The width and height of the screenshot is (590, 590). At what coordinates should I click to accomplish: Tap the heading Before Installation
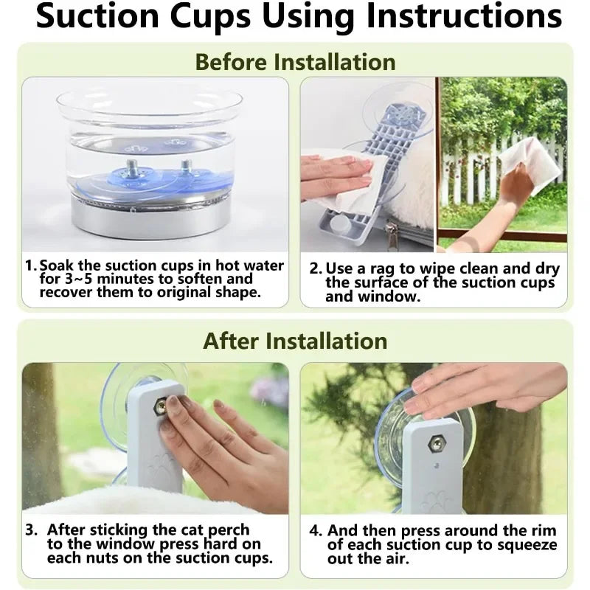click(296, 62)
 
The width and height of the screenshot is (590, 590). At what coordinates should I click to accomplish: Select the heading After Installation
click(295, 341)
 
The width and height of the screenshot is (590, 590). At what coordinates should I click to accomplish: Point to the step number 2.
click(316, 268)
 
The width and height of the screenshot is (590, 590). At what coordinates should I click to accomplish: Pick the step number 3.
click(31, 530)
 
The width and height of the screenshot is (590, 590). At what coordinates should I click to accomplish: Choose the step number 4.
click(316, 530)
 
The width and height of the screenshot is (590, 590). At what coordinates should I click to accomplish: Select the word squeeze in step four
click(524, 546)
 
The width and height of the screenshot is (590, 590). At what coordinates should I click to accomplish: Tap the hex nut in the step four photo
click(436, 444)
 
